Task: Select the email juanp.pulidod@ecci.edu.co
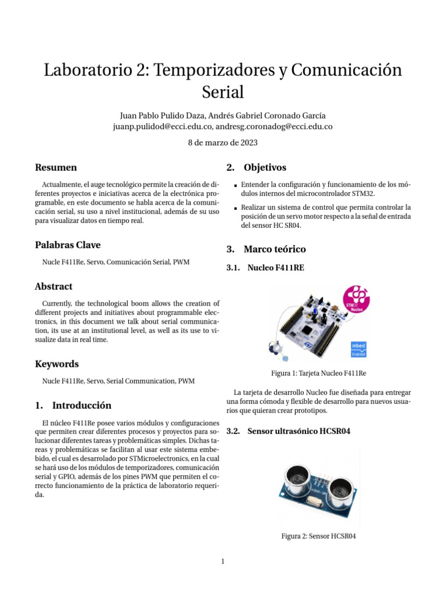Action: pos(164,126)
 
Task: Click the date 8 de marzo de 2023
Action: pos(223,142)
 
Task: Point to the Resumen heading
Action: pos(56,167)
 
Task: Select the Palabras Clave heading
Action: pos(68,245)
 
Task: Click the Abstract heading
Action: pos(53,286)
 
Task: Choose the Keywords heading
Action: pos(56,364)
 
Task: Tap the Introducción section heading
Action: pos(82,405)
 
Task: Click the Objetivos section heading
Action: pos(265,167)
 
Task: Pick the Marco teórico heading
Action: pos(274,249)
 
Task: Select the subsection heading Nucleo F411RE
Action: pos(275,268)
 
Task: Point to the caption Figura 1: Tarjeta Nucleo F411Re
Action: pos(318,373)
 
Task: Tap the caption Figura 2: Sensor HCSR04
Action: pos(318,536)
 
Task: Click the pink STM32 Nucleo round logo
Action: pos(356,299)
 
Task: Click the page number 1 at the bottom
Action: pos(222,561)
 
